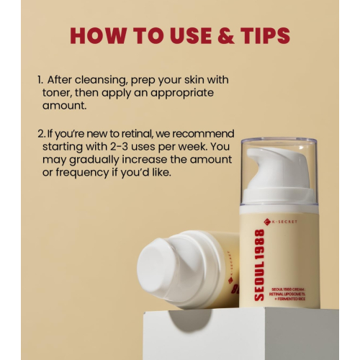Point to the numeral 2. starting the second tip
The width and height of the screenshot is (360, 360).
[x=40, y=134]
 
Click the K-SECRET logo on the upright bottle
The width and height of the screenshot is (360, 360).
[x=279, y=221]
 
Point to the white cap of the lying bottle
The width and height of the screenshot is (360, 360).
[x=163, y=266]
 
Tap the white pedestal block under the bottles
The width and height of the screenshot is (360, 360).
[x=245, y=335]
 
